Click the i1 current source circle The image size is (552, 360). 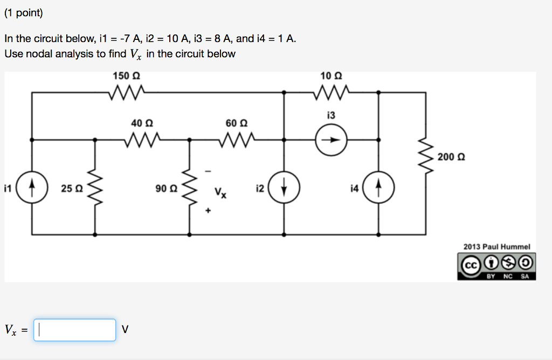[x=31, y=189]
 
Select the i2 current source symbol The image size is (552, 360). [x=284, y=189]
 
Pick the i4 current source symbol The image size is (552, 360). [x=379, y=189]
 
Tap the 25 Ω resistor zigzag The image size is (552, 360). [x=95, y=189]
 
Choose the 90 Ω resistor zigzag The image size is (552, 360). [x=190, y=189]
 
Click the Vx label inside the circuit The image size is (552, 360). [x=220, y=192]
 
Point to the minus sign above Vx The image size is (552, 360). [x=209, y=172]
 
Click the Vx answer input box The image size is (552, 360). [x=75, y=330]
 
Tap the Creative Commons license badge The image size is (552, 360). [x=496, y=267]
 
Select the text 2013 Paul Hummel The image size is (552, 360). [x=496, y=247]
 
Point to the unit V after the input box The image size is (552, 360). [x=125, y=330]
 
